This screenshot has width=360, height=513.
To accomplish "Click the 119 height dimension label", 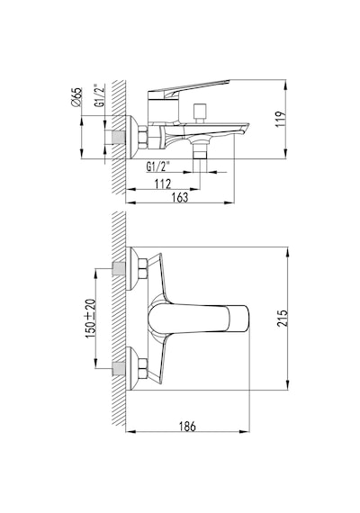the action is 281,120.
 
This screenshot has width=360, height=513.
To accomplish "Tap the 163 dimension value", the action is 180,198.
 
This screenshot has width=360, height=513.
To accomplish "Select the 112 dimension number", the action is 163,184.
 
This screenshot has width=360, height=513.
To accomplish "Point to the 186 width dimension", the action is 187,427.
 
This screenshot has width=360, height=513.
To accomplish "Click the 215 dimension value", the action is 283,318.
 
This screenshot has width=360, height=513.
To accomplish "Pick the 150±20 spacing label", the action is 91,319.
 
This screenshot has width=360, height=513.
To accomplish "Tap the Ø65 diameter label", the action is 76,97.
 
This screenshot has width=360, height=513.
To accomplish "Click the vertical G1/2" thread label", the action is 99,95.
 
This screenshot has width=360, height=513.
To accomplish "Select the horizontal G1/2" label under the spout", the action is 158,166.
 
